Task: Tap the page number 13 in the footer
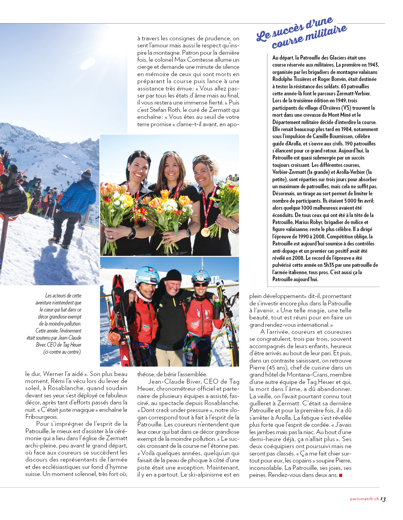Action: tap(383, 499)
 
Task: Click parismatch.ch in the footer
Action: tap(364, 499)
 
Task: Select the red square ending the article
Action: tap(341, 475)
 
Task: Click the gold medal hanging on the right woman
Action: tap(205, 232)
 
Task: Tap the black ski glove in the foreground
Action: tap(12, 197)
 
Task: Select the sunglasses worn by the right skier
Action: tap(201, 285)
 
